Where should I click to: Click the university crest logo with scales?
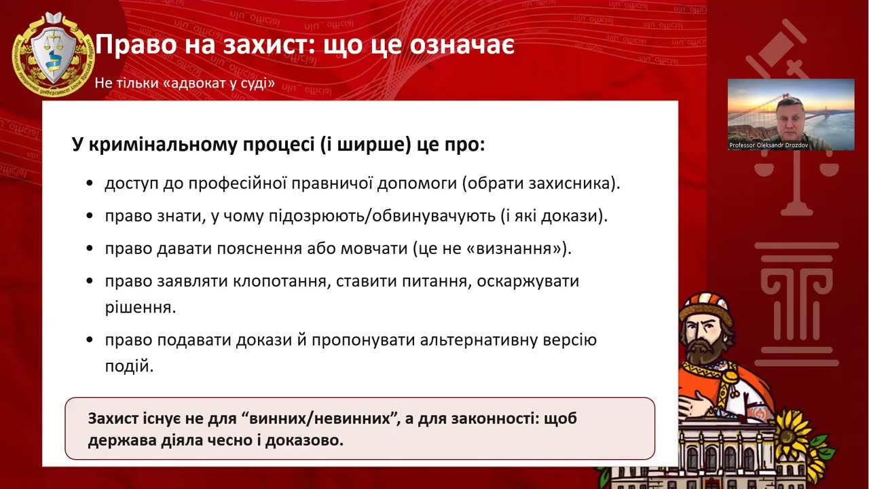[53, 54]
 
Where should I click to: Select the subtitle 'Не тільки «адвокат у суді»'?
[185, 84]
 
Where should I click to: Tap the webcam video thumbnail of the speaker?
[791, 114]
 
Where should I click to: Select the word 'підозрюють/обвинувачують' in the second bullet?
[394, 216]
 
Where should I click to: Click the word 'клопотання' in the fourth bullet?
[273, 280]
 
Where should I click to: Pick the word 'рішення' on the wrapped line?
[141, 307]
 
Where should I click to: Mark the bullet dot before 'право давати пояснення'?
[90, 249]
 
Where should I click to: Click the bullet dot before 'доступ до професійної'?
[90, 184]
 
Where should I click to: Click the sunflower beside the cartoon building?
[795, 432]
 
